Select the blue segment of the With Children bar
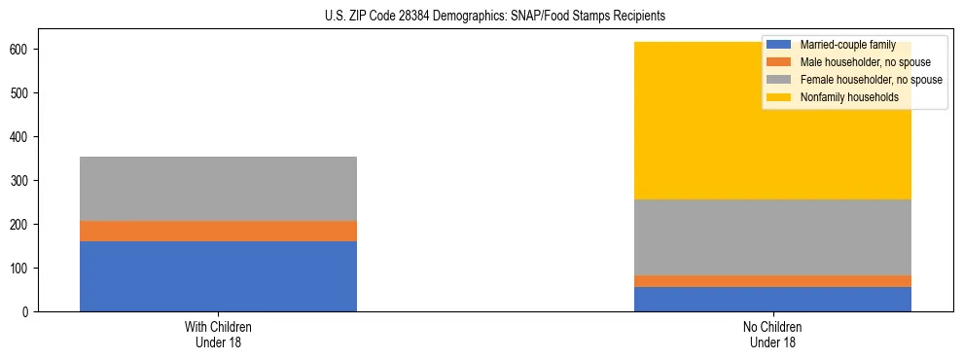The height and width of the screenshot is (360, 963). coord(218,276)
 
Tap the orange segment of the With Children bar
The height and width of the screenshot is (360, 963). coord(218,231)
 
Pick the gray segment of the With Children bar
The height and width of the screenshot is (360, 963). coord(218,189)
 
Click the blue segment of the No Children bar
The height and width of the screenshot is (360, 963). coord(772,299)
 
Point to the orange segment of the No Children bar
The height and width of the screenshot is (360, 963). coord(772,281)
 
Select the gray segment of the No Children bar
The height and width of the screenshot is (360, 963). coord(772,237)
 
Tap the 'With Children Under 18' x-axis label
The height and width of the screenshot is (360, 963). coord(218,335)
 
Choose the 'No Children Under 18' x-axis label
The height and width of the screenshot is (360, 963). coord(772,335)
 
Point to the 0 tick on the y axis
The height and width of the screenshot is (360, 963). coord(26,311)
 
